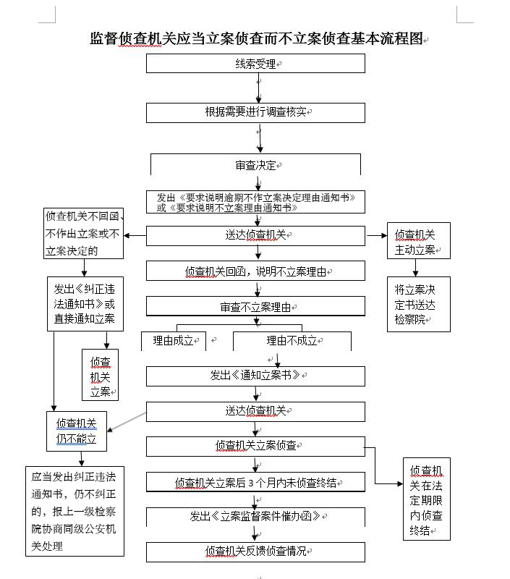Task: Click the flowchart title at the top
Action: [255, 39]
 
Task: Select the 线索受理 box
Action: [255, 64]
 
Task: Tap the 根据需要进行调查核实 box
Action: [255, 112]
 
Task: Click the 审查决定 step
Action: [255, 165]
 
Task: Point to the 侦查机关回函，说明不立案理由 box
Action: [255, 271]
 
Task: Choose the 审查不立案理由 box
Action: [255, 307]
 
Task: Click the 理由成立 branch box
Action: [174, 341]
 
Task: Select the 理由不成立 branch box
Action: [292, 341]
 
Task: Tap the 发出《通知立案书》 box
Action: [255, 376]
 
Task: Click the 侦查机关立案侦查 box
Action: [255, 446]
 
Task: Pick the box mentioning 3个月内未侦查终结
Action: [255, 482]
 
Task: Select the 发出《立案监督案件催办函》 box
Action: [255, 517]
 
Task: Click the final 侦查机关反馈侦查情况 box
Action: [255, 551]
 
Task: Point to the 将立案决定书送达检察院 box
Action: [418, 304]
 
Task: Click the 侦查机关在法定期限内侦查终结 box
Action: [427, 499]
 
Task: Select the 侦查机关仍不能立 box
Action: [77, 431]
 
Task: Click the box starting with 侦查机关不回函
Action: [83, 233]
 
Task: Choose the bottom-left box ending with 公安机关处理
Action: [75, 511]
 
